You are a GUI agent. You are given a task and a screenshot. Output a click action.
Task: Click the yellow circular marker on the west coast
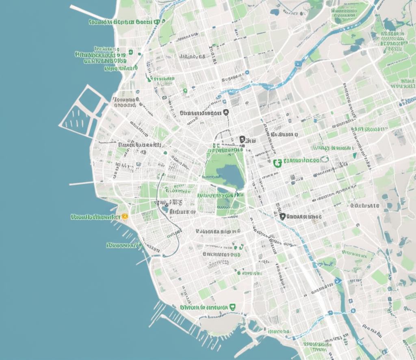pos(125,217)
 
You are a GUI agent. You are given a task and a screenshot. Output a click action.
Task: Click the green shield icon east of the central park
pos(277,162)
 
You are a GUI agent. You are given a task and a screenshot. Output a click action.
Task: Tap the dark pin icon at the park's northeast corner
pos(243,140)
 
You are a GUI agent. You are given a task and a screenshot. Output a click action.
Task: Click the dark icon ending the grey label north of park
pos(226,112)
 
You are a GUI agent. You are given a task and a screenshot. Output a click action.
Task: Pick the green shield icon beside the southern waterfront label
pos(232,307)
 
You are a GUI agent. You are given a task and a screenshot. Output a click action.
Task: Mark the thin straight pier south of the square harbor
pos(81,183)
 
